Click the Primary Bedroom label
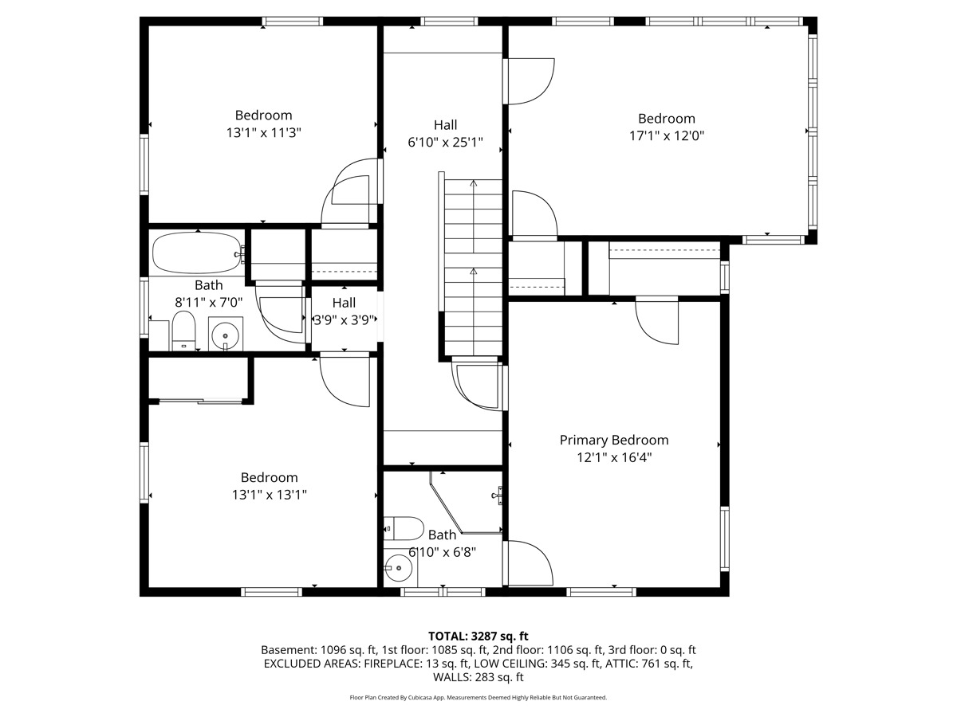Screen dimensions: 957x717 [x=614, y=440]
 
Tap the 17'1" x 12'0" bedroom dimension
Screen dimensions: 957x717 [x=667, y=135]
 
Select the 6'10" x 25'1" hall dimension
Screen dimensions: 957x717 [x=445, y=143]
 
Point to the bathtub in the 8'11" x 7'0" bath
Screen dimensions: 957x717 [x=197, y=253]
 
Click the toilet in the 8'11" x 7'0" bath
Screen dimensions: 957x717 [x=183, y=331]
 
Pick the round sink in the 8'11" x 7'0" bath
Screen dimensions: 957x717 [x=226, y=335]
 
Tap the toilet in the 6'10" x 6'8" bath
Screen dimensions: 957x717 [x=404, y=529]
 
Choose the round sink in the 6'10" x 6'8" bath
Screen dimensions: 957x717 [x=398, y=568]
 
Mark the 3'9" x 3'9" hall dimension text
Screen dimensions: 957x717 [x=345, y=320]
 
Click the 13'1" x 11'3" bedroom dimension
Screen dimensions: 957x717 [x=264, y=133]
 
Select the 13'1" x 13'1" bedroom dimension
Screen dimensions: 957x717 [x=270, y=495]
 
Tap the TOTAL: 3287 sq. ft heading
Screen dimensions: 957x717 [x=478, y=637]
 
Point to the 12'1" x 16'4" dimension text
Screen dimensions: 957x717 [x=614, y=457]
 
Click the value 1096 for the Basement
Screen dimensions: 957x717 [x=334, y=650]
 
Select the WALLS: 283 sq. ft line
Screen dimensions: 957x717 [x=478, y=677]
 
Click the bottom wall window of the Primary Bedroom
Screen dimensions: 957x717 [x=601, y=592]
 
